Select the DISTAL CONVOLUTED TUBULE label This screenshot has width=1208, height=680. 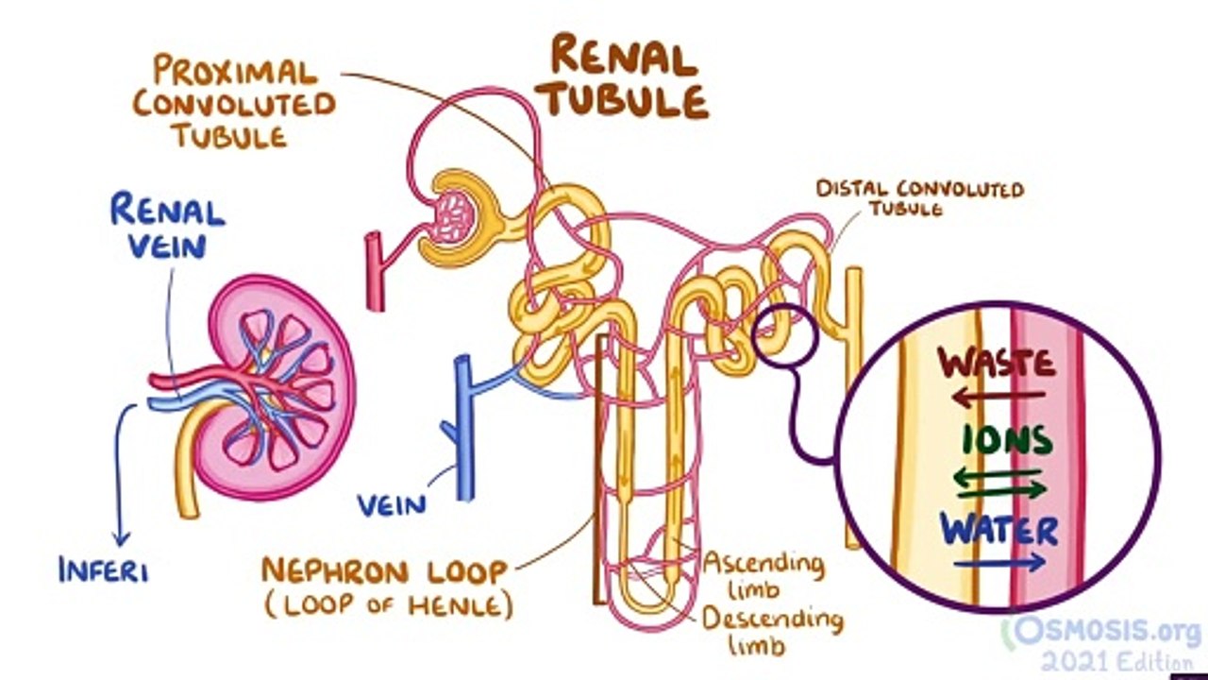tap(919, 197)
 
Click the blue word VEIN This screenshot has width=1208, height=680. tap(391, 504)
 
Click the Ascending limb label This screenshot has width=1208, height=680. tap(763, 576)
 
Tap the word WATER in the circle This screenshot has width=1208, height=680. tap(999, 530)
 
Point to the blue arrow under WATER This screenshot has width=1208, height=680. tap(999, 565)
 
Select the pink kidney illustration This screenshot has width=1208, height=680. tap(283, 387)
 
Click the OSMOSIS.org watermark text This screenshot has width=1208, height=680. tap(1109, 630)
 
